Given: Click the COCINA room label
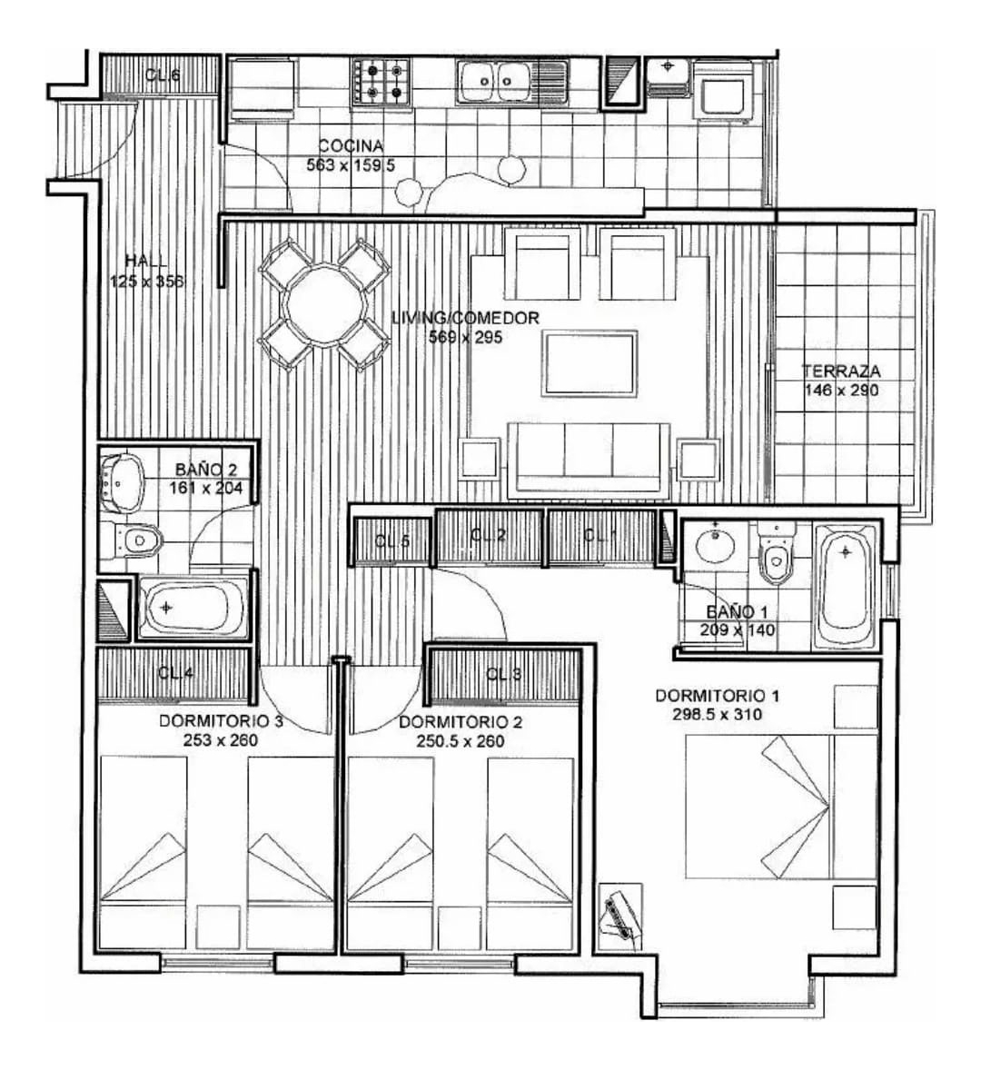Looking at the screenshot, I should [x=351, y=146].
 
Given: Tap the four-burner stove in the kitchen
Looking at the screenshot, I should [x=381, y=82].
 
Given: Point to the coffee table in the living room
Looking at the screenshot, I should [x=590, y=363].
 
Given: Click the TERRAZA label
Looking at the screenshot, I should [x=841, y=372].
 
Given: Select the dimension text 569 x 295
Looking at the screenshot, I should [x=466, y=337].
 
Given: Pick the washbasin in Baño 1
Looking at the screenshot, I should [x=719, y=547].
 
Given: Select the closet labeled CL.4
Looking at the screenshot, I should [x=174, y=674].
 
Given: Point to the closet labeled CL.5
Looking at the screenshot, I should [x=392, y=541].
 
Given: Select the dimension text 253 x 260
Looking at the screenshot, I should [x=221, y=741].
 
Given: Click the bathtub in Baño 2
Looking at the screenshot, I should [x=192, y=608].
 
